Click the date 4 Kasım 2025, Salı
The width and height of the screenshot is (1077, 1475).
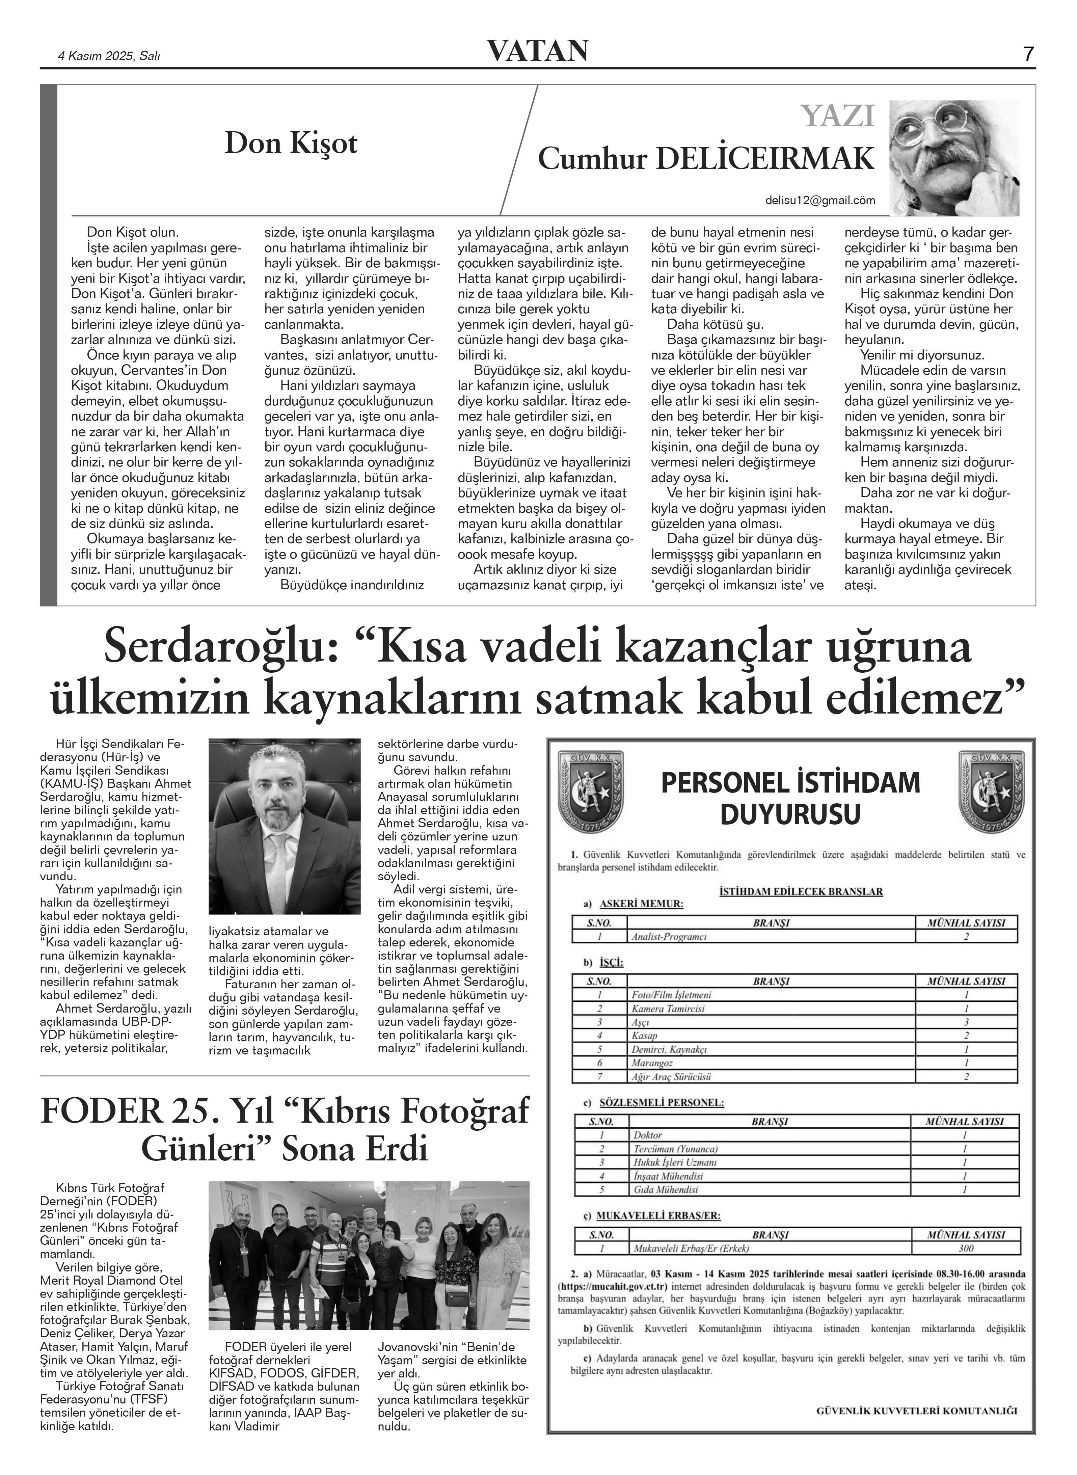click(110, 56)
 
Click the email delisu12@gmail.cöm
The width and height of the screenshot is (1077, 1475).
click(820, 201)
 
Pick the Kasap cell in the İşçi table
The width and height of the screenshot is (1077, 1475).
click(644, 1036)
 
